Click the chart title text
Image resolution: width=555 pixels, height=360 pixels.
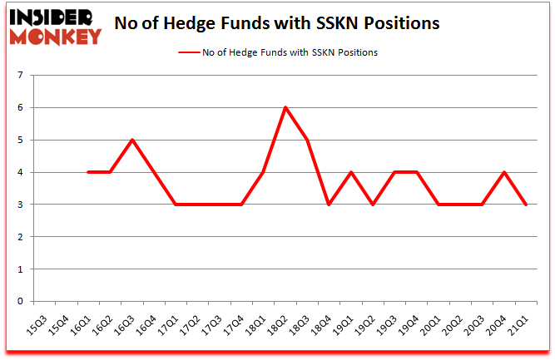[x=276, y=22]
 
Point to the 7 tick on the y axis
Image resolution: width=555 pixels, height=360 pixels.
[x=19, y=76]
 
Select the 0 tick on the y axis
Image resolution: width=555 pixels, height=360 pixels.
[x=19, y=302]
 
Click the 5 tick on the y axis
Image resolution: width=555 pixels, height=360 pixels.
[x=19, y=141]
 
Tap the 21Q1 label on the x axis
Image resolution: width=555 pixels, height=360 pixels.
[x=519, y=327]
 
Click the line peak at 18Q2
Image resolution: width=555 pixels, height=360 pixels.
[x=285, y=108]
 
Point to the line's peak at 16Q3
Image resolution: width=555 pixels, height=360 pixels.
[x=132, y=140]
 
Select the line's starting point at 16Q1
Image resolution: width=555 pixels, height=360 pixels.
[x=88, y=172]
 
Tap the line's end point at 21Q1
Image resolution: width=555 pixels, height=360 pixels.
[x=527, y=205]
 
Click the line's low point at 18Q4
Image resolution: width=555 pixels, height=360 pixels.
[x=330, y=205]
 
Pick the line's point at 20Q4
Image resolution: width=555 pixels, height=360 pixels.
[x=504, y=172]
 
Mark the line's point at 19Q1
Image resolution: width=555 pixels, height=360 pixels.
[x=351, y=172]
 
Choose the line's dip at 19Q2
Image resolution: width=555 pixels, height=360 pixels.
[x=373, y=205]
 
